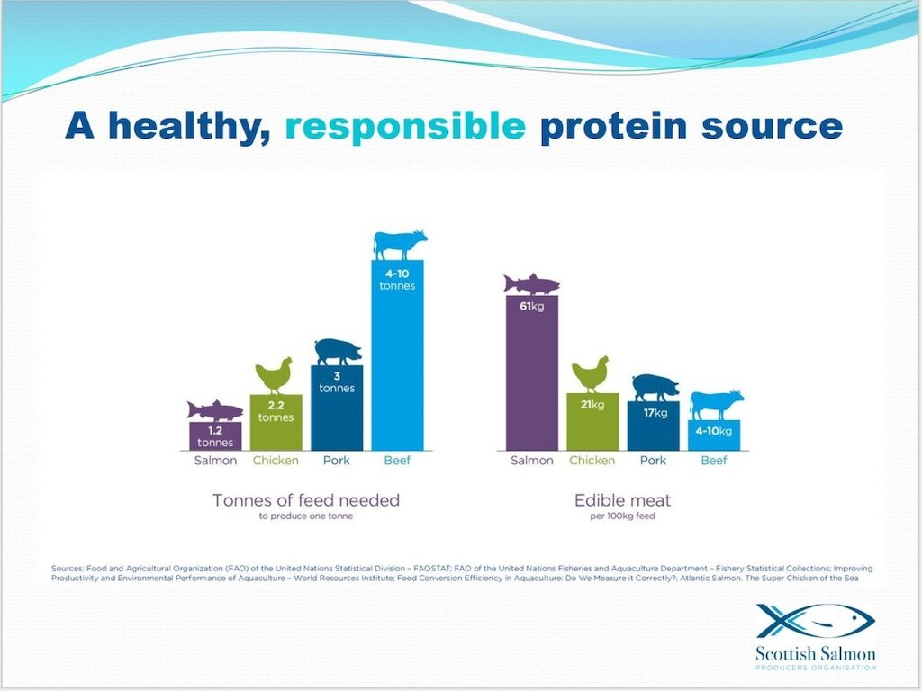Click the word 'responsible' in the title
pyautogui.click(x=405, y=126)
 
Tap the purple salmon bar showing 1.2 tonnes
pyautogui.click(x=215, y=436)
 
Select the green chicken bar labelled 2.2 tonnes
pyautogui.click(x=276, y=423)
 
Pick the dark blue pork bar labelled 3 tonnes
pyautogui.click(x=337, y=408)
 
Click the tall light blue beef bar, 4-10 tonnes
pyautogui.click(x=397, y=354)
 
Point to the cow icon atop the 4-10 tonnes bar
pyautogui.click(x=400, y=245)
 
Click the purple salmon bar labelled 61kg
pyautogui.click(x=532, y=373)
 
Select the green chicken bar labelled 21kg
pyautogui.click(x=592, y=422)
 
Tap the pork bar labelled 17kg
pyautogui.click(x=654, y=426)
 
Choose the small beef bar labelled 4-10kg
pyautogui.click(x=714, y=435)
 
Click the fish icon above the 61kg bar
pyautogui.click(x=531, y=284)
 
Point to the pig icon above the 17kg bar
pyautogui.click(x=655, y=388)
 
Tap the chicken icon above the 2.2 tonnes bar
pyautogui.click(x=274, y=375)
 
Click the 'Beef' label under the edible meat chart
pyautogui.click(x=714, y=461)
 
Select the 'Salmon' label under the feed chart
pyautogui.click(x=215, y=461)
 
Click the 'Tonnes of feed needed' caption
pyautogui.click(x=306, y=500)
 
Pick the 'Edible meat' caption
pyautogui.click(x=623, y=500)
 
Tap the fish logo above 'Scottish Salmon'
pyautogui.click(x=816, y=622)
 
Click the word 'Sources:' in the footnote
pyautogui.click(x=68, y=569)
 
